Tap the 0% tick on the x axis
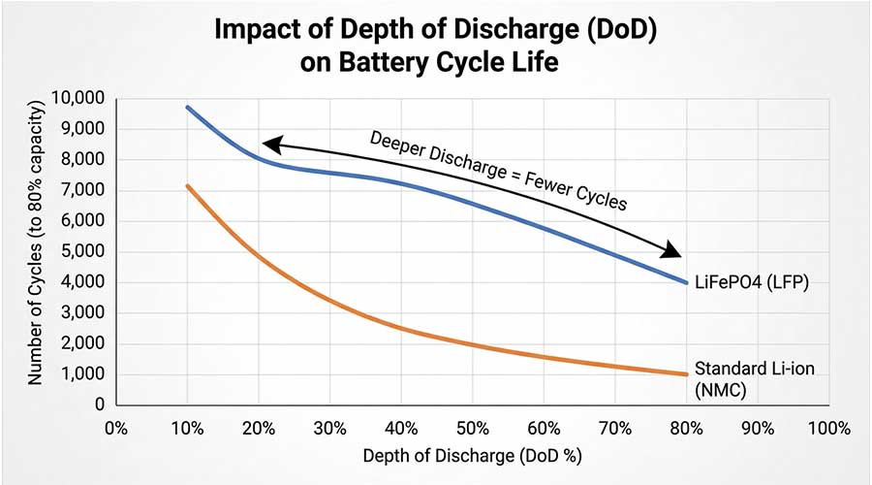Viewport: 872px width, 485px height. pos(115,428)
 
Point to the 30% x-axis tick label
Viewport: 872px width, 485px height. pos(329,428)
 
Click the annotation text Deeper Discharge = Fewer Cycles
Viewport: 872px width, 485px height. pos(499,171)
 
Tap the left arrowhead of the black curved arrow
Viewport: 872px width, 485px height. pos(271,145)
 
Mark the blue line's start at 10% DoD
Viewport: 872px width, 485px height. pos(187,107)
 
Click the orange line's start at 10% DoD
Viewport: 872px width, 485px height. pos(187,185)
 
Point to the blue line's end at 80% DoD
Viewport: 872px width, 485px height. pos(686,282)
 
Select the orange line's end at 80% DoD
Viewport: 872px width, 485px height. pos(686,374)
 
